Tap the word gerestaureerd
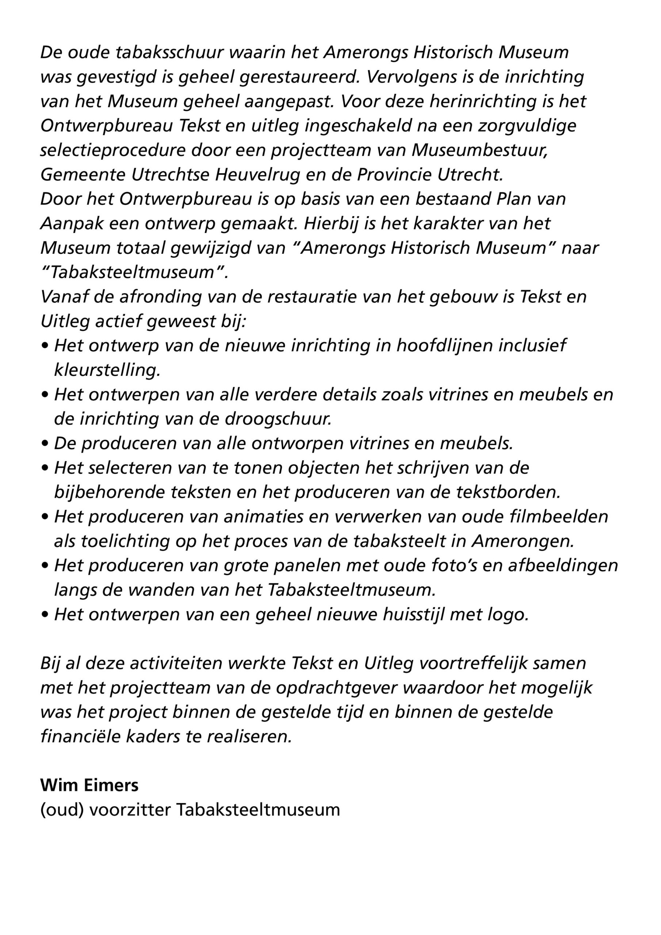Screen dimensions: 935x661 (299, 77)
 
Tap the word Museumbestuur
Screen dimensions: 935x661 (479, 150)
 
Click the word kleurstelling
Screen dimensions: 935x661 (107, 370)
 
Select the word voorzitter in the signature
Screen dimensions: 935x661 (130, 810)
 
